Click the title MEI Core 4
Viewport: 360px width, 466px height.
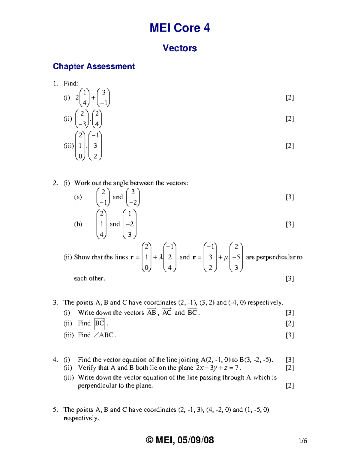click(179, 28)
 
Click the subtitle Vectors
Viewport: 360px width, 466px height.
click(179, 48)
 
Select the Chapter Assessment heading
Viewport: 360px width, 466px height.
click(94, 66)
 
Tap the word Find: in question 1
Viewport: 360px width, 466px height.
click(70, 83)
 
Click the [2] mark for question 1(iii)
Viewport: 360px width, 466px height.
click(289, 146)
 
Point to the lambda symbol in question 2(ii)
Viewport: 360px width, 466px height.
click(161, 257)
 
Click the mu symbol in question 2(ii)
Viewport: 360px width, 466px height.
click(226, 257)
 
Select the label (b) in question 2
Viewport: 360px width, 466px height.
click(78, 224)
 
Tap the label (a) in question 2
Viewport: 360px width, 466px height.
click(78, 197)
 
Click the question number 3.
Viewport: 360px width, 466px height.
click(55, 302)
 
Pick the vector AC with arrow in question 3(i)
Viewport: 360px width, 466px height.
click(167, 312)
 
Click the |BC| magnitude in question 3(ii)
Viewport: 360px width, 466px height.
click(99, 323)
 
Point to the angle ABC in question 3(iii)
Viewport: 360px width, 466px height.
click(103, 335)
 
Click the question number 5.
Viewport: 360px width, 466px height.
click(55, 410)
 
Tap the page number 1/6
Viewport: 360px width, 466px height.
click(303, 441)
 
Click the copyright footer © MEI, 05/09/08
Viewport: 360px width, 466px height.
click(180, 440)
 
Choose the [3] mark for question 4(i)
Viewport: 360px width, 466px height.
click(289, 359)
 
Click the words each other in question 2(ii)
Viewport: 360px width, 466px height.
click(89, 278)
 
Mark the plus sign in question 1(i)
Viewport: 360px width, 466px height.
click(93, 98)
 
